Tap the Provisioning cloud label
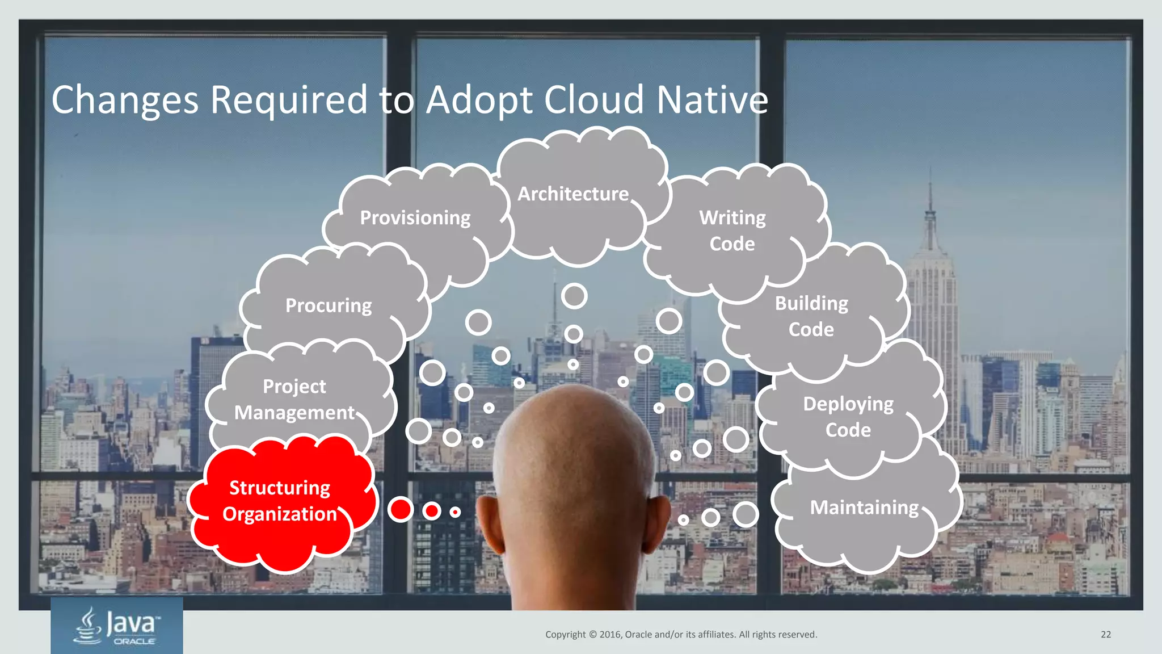[415, 218]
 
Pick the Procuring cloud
[329, 306]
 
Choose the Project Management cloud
[294, 400]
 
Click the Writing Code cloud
[732, 231]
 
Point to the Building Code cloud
[811, 317]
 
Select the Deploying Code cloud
[848, 417]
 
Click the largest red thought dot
[401, 509]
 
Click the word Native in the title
[712, 100]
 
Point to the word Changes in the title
[125, 100]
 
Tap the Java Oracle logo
[117, 626]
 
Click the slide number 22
[1106, 635]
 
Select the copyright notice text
[681, 635]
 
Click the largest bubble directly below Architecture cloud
[574, 296]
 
